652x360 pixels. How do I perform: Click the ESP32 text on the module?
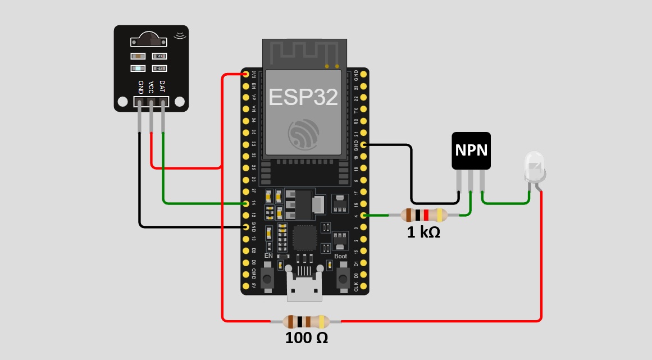[303, 97]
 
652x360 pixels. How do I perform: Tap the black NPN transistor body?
[471, 151]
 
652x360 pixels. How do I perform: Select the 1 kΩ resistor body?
[424, 215]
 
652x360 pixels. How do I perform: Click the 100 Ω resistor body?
[306, 321]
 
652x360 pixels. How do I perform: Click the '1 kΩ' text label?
[423, 231]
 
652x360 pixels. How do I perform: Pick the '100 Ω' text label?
[306, 338]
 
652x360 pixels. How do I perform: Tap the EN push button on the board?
[268, 277]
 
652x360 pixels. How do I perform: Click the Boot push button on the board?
[341, 277]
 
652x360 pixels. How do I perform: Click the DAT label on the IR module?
[162, 86]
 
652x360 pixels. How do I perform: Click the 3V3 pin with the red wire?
[245, 74]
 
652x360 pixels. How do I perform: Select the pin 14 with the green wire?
[245, 203]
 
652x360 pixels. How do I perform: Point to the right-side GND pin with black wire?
[363, 145]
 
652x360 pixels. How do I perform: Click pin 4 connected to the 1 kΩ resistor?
[363, 215]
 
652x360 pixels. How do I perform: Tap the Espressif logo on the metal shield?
[303, 133]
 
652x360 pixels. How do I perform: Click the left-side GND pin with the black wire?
[245, 227]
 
